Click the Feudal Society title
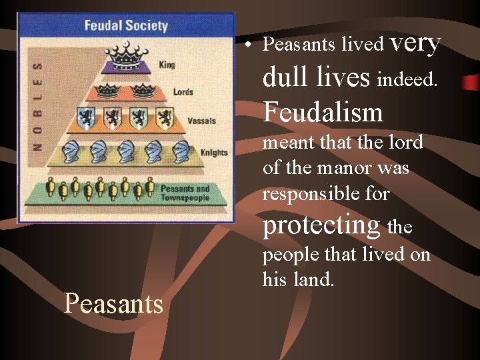(x=125, y=27)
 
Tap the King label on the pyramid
(x=167, y=65)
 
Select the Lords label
(x=183, y=91)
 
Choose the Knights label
(x=213, y=153)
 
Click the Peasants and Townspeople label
(x=185, y=193)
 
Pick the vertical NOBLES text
(x=37, y=105)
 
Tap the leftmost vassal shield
(x=85, y=119)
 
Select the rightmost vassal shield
(x=165, y=118)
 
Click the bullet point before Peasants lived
(x=247, y=45)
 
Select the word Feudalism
(x=323, y=111)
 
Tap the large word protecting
(x=321, y=225)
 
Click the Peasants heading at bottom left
(x=113, y=304)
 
